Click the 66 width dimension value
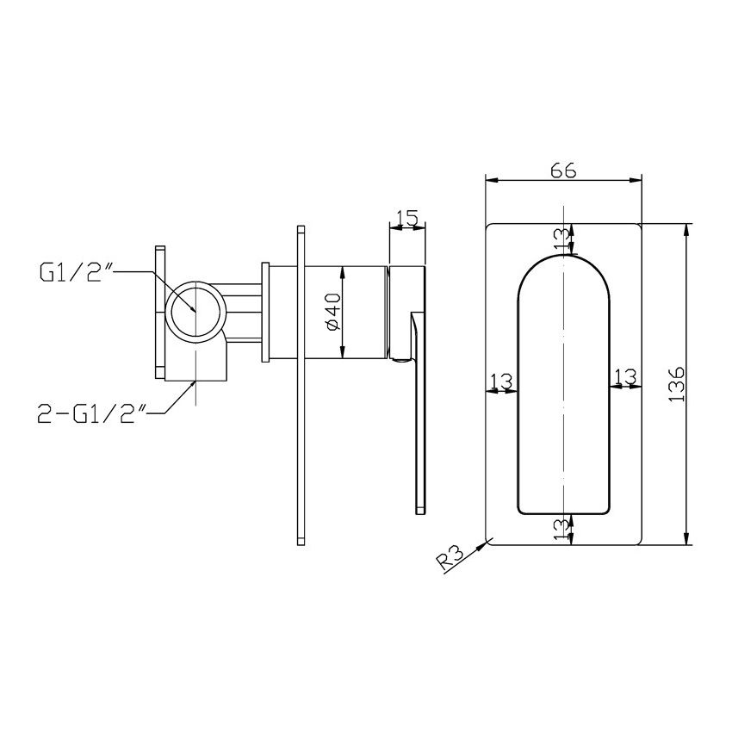(563, 170)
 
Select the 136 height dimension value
(677, 384)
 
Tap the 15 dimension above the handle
(408, 219)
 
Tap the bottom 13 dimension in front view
(562, 525)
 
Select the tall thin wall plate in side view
(301, 384)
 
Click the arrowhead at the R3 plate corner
(489, 540)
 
